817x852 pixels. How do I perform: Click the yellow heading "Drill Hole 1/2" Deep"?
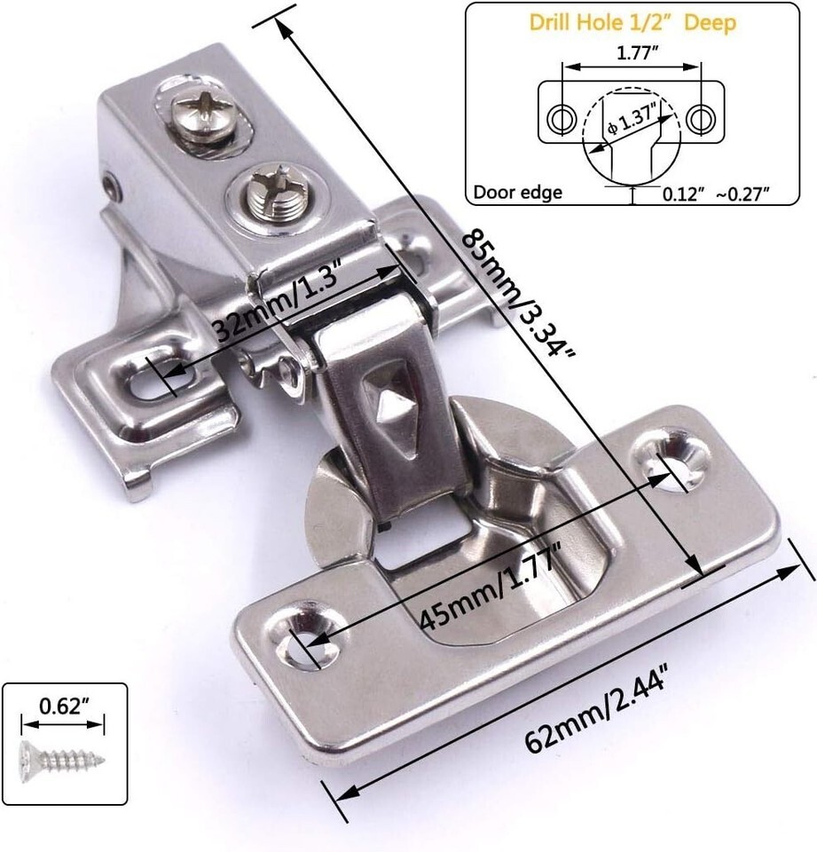pos(632,23)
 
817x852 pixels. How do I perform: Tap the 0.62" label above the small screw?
pos(64,706)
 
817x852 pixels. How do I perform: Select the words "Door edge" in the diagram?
pos(518,193)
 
